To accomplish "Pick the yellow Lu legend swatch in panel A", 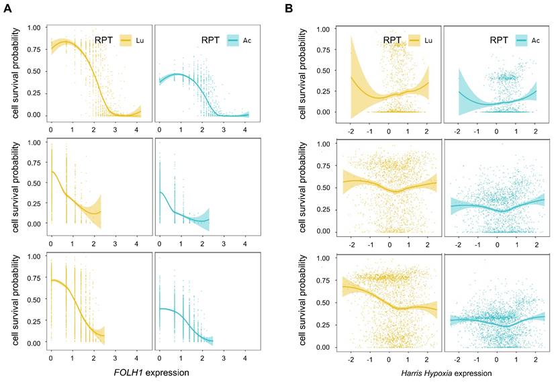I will [x=126, y=40].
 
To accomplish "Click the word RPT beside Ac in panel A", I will [x=210, y=40].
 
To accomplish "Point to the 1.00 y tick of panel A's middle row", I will [x=35, y=143].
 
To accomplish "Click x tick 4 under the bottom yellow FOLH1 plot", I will [x=137, y=354].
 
